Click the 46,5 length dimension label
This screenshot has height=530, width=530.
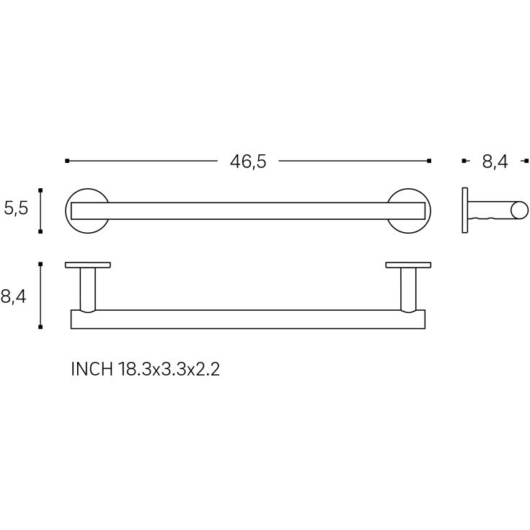pyautogui.click(x=248, y=162)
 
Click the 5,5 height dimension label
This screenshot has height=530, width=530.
pyautogui.click(x=16, y=208)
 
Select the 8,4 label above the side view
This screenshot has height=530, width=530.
pyautogui.click(x=495, y=162)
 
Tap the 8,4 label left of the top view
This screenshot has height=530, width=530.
pyautogui.click(x=14, y=297)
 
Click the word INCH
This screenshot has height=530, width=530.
pyautogui.click(x=92, y=369)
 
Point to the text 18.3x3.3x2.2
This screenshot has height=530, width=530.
pyautogui.click(x=169, y=369)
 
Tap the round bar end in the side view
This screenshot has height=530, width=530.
pyautogui.click(x=519, y=210)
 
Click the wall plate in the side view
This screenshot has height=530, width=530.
pyautogui.click(x=465, y=211)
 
